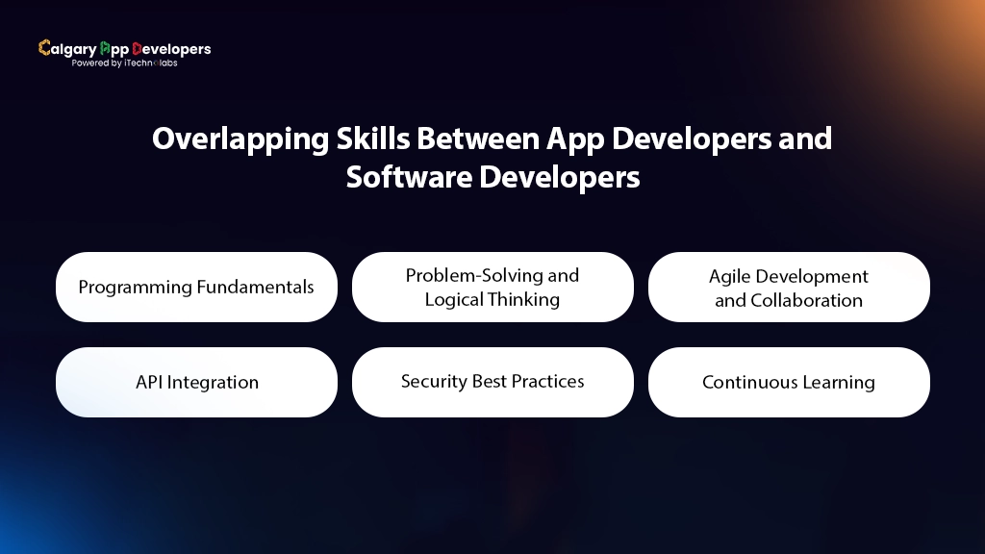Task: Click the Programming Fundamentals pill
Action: [x=196, y=287]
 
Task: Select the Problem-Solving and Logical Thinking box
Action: [x=492, y=287]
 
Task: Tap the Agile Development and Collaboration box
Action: [x=789, y=287]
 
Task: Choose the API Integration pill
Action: [x=196, y=382]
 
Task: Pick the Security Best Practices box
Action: [x=492, y=382]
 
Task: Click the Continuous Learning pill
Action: [x=789, y=382]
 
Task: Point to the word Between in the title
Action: [x=477, y=139]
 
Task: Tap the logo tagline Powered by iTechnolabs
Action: [x=124, y=63]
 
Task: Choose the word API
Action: [x=150, y=382]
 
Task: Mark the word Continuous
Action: [x=747, y=382]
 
